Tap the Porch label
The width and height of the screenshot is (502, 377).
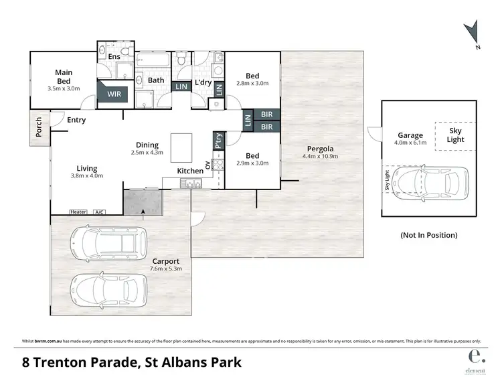[39, 128]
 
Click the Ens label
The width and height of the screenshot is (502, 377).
[114, 57]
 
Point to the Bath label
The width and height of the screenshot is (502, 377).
[156, 80]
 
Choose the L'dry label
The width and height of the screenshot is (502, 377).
[203, 82]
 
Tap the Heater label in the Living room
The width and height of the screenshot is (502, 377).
[78, 212]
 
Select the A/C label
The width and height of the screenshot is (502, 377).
[99, 212]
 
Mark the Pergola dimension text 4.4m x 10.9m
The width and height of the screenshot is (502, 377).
[321, 157]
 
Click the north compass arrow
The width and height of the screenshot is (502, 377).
[473, 33]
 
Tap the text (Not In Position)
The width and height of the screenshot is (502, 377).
[428, 235]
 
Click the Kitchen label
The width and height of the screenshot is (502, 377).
[190, 171]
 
